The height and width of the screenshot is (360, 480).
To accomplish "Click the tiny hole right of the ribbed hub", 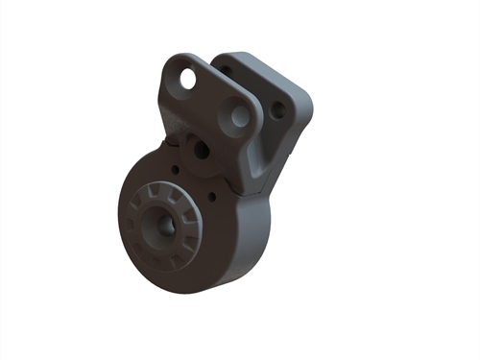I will [212, 200].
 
